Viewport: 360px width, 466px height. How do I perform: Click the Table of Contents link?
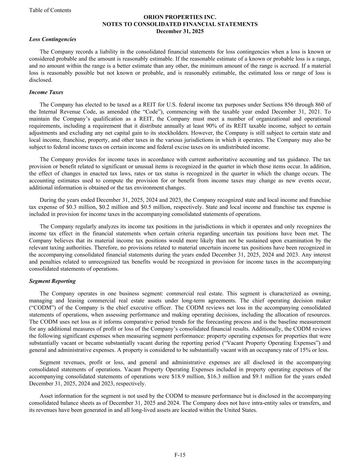(x=50, y=10)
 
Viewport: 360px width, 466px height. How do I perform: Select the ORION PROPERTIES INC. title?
(x=180, y=17)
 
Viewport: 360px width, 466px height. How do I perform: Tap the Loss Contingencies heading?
(x=53, y=39)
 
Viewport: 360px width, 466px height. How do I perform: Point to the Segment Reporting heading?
(x=52, y=281)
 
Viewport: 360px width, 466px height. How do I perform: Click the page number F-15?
(x=180, y=455)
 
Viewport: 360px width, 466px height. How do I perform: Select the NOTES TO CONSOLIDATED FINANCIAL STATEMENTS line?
(x=180, y=24)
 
